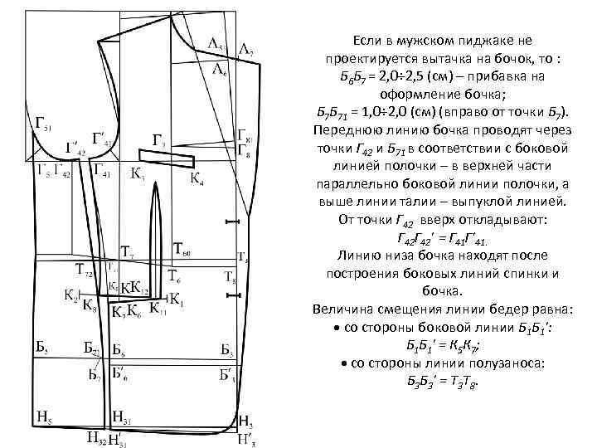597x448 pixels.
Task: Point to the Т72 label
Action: [x=85, y=268]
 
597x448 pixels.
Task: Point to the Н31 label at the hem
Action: [x=121, y=417]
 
